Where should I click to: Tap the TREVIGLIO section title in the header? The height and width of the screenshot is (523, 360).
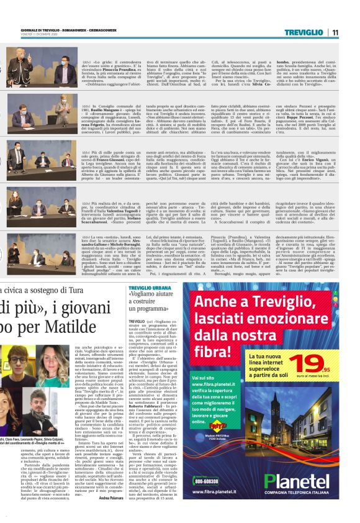point(308,32)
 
